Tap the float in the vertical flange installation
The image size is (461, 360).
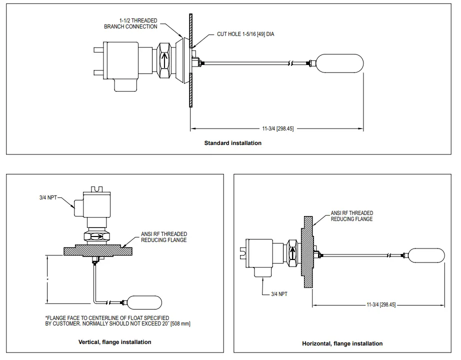144,302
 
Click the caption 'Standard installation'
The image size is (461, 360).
232,143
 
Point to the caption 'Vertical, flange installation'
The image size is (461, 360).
115,342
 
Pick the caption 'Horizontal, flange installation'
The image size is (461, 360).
342,343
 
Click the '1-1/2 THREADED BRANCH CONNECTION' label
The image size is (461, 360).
130,23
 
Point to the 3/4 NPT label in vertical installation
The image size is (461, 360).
48,198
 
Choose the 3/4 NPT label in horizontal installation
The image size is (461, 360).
279,294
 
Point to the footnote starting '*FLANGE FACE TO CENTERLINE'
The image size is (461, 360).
117,321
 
